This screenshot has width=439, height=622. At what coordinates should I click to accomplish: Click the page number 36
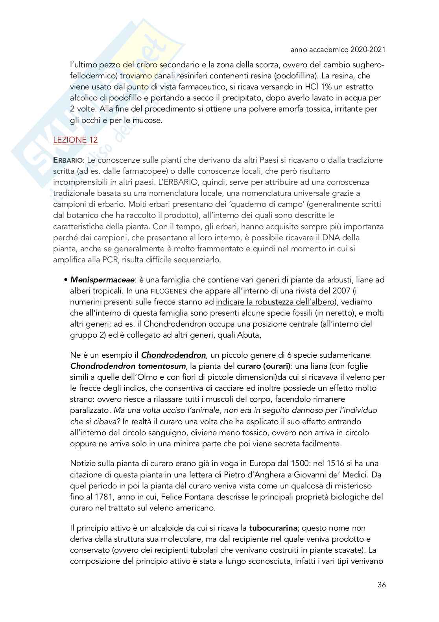pyautogui.click(x=381, y=585)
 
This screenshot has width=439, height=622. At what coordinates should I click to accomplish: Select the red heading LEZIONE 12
pyautogui.click(x=76, y=140)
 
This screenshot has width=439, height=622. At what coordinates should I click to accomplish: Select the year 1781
pyautogui.click(x=100, y=497)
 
